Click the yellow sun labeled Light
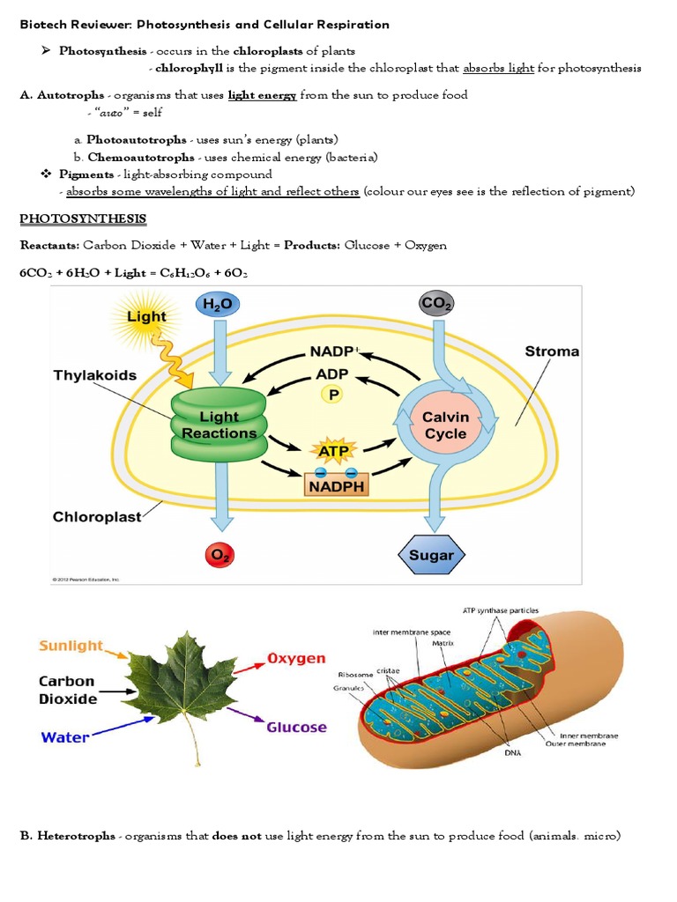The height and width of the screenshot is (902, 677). click(x=146, y=317)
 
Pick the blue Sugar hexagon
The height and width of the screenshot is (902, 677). click(x=432, y=555)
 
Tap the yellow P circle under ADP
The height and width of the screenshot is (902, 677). click(x=333, y=396)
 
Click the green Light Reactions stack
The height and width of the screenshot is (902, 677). click(x=216, y=425)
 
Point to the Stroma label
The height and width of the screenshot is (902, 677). click(x=552, y=351)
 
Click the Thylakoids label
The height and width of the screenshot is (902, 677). click(x=95, y=375)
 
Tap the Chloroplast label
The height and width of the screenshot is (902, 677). click(x=97, y=517)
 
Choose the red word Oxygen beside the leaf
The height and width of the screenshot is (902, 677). click(x=296, y=658)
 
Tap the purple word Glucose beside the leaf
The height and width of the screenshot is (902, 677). click(x=296, y=728)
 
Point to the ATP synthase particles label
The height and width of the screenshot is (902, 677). click(x=501, y=610)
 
